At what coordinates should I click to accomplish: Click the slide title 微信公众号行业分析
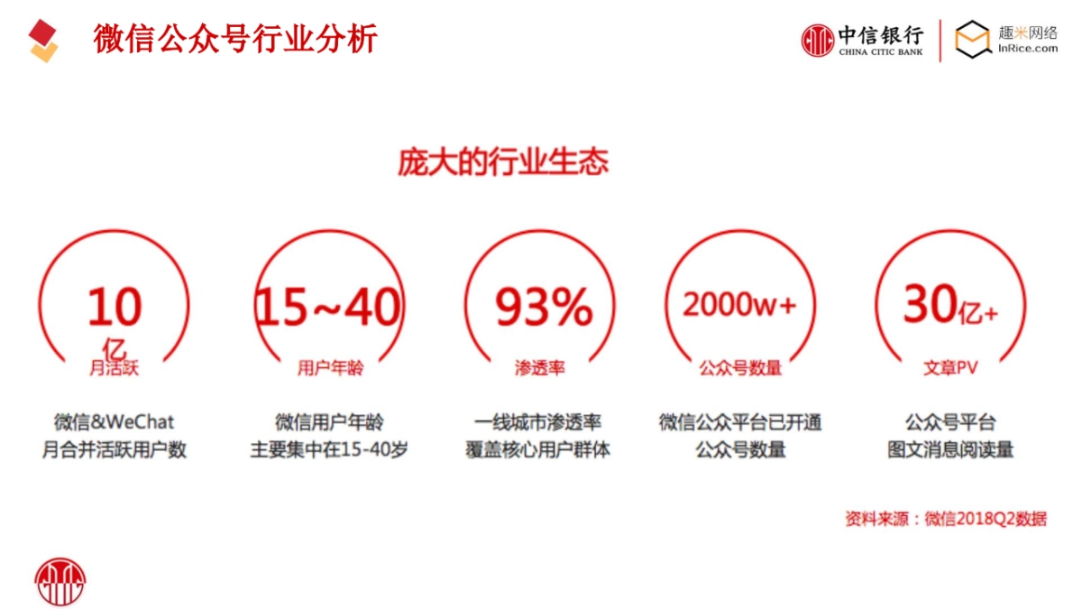[x=235, y=40]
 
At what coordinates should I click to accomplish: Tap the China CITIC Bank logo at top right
[x=863, y=41]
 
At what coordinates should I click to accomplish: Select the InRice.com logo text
[x=1028, y=50]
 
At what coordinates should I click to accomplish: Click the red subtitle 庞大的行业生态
[x=503, y=162]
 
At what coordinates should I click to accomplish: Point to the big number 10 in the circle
[x=115, y=307]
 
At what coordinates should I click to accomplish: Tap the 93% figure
[x=544, y=307]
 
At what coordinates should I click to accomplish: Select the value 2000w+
[x=739, y=305]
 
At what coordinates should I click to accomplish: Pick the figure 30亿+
[x=950, y=306]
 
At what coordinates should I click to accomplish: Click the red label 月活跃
[x=115, y=368]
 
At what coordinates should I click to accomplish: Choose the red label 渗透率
[x=540, y=368]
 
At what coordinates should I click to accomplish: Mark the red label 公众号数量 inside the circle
[x=740, y=368]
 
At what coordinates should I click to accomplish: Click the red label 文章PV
[x=950, y=368]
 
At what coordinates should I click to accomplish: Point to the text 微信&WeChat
[x=115, y=421]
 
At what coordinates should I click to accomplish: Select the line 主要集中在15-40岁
[x=329, y=449]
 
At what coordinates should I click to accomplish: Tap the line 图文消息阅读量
[x=950, y=449]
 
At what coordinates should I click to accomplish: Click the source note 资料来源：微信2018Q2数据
[x=946, y=519]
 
